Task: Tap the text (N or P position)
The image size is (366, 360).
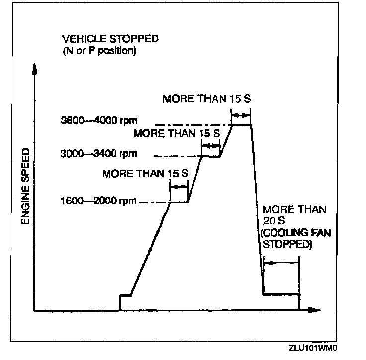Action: point(99,51)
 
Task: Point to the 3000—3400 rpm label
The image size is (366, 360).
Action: point(98,153)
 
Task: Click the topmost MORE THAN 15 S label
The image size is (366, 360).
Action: point(207,98)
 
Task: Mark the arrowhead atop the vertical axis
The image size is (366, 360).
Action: point(34,69)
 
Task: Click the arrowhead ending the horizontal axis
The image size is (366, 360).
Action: point(313,311)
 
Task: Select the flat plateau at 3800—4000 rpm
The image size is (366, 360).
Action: point(241,125)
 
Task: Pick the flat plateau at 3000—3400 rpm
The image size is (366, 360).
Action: point(211,156)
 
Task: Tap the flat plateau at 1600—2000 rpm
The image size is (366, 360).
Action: point(179,202)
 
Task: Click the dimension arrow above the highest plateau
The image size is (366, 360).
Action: point(241,115)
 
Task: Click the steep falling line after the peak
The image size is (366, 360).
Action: point(257,209)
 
